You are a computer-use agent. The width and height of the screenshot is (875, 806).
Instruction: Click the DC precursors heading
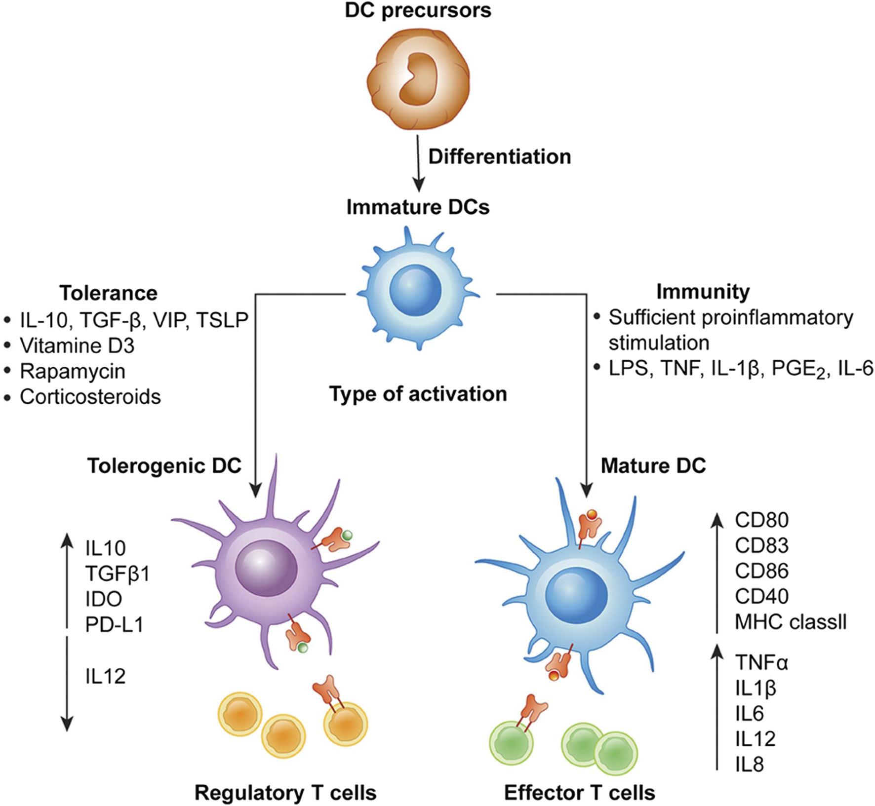tap(418, 10)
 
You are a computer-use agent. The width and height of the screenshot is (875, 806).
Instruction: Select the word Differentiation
tap(499, 157)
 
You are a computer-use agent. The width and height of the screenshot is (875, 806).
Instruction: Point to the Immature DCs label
tap(418, 207)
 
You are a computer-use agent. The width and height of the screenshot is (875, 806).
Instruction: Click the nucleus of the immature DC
tap(415, 290)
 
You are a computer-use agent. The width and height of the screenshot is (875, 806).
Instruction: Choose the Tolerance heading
tap(109, 293)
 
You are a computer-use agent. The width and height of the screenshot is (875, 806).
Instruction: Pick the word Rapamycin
tap(73, 371)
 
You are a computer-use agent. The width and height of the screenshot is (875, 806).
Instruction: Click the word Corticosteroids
tap(90, 397)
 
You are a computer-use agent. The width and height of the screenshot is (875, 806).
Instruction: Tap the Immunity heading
tap(703, 292)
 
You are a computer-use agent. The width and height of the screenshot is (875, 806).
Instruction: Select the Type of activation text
tap(418, 394)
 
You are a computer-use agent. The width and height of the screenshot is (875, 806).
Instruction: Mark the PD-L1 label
tap(114, 625)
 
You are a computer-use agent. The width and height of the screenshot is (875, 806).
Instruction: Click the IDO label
tap(104, 600)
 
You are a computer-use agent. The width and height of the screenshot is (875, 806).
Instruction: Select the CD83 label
tap(761, 545)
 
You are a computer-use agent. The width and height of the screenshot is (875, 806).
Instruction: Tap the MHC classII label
tap(791, 622)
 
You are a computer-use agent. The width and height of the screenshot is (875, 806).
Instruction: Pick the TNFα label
tap(761, 662)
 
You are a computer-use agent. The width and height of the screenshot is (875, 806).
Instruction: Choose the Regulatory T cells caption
tap(285, 793)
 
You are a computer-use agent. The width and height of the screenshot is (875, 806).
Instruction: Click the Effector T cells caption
tap(579, 793)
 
